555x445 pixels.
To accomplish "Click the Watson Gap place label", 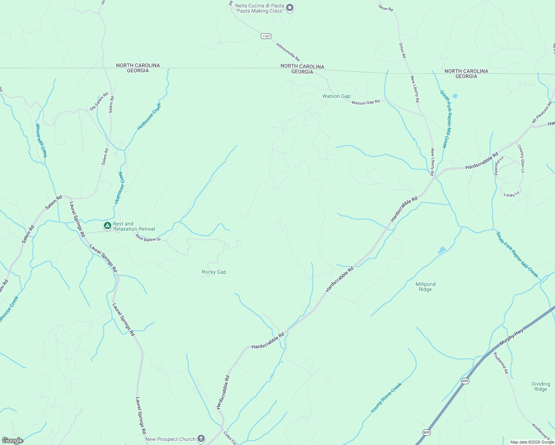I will [336, 96].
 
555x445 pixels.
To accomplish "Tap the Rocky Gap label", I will [214, 272].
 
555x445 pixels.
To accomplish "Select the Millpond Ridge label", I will [425, 287].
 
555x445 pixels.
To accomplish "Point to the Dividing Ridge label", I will [541, 386].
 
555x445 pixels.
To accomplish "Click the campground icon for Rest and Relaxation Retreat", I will [107, 225].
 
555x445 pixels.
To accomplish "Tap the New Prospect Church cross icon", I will [201, 439].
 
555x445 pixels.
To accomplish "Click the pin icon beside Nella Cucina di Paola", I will [290, 8].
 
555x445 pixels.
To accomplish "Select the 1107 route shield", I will [266, 36].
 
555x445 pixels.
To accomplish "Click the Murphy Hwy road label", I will [511, 337].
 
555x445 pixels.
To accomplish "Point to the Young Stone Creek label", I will [386, 398].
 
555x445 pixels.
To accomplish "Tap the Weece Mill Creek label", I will [41, 141].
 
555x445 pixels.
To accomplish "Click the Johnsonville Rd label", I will [288, 51].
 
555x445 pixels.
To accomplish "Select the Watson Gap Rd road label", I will [365, 102].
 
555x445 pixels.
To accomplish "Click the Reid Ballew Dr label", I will [148, 238].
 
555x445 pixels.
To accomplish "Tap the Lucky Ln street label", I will [511, 194].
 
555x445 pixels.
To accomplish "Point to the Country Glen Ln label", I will [521, 158].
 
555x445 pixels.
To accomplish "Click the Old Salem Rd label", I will [99, 101].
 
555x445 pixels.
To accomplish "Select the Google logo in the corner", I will [12, 441].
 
